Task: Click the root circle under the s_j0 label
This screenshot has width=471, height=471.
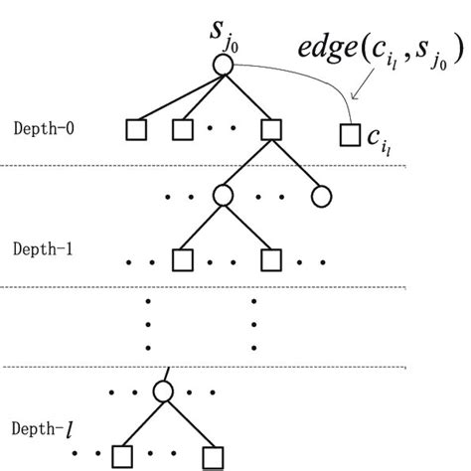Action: click(223, 65)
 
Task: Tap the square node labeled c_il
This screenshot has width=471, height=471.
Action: click(348, 131)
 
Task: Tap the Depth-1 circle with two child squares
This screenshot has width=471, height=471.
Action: click(224, 196)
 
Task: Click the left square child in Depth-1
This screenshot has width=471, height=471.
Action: click(182, 260)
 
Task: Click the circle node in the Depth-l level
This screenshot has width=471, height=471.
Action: click(164, 391)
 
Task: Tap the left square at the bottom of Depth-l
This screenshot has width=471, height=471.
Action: click(121, 456)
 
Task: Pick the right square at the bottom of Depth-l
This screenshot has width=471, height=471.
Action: click(211, 456)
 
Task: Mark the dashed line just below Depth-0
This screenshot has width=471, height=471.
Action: click(235, 165)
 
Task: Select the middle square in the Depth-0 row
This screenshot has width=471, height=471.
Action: click(182, 130)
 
